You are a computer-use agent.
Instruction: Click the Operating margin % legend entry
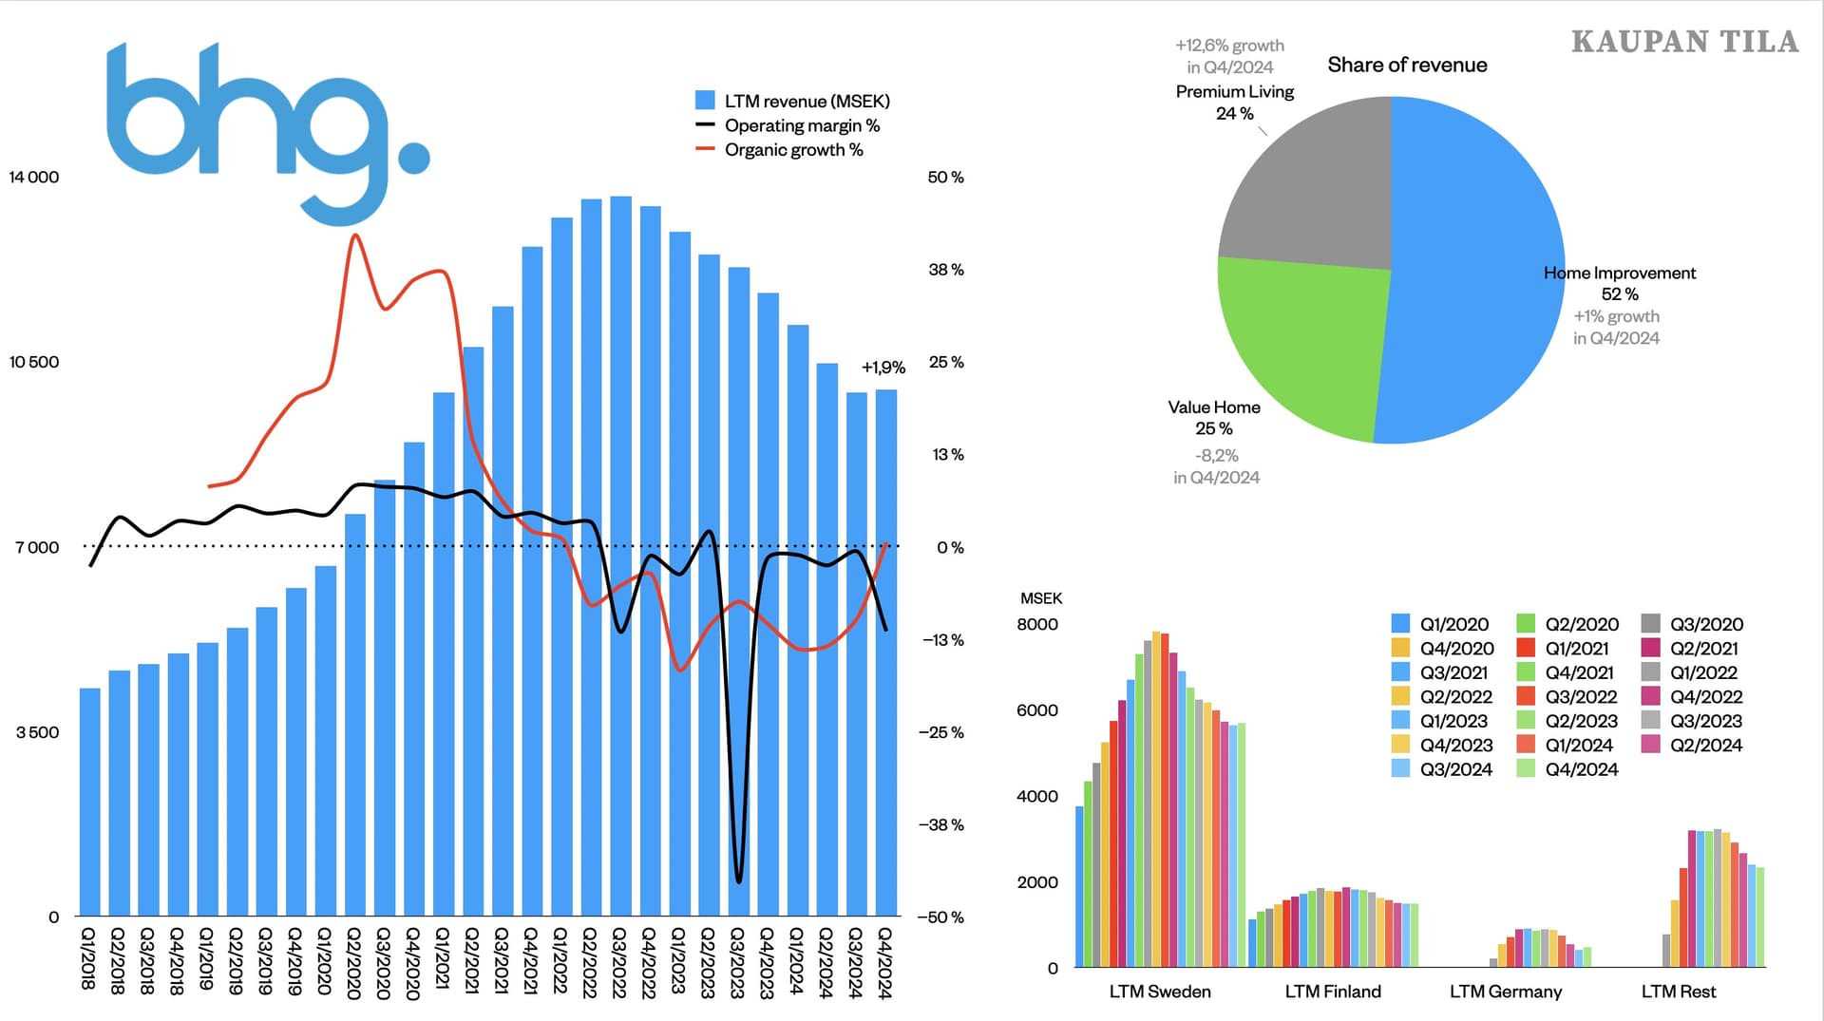coord(801,125)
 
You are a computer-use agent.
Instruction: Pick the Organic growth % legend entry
coord(792,150)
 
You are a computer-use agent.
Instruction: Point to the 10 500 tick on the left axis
coord(34,362)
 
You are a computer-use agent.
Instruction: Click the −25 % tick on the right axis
coord(940,732)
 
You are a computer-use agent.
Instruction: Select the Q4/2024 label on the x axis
coord(885,963)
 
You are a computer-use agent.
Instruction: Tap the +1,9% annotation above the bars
coord(883,367)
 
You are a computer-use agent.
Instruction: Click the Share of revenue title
coord(1407,65)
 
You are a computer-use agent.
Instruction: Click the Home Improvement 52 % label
coord(1619,283)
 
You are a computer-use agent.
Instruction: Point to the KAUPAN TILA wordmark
coord(1684,42)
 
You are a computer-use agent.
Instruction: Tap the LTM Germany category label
coord(1505,992)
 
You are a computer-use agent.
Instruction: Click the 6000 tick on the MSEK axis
coord(1037,710)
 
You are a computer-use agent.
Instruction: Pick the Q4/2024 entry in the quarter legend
coord(1568,769)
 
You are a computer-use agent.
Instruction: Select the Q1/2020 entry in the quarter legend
coord(1441,624)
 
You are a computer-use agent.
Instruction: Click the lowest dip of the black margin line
coord(739,880)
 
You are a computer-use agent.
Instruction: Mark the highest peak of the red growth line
coord(355,235)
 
